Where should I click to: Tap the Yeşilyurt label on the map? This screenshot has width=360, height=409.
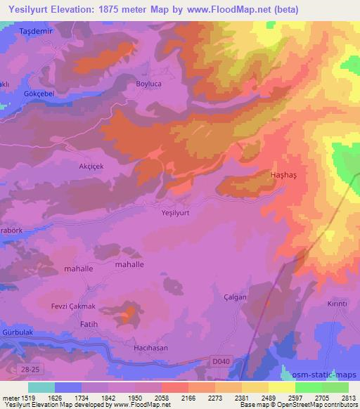(176, 211)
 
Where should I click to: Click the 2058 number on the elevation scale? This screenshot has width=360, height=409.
(162, 398)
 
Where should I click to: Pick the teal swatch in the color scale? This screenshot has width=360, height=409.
(41, 387)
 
